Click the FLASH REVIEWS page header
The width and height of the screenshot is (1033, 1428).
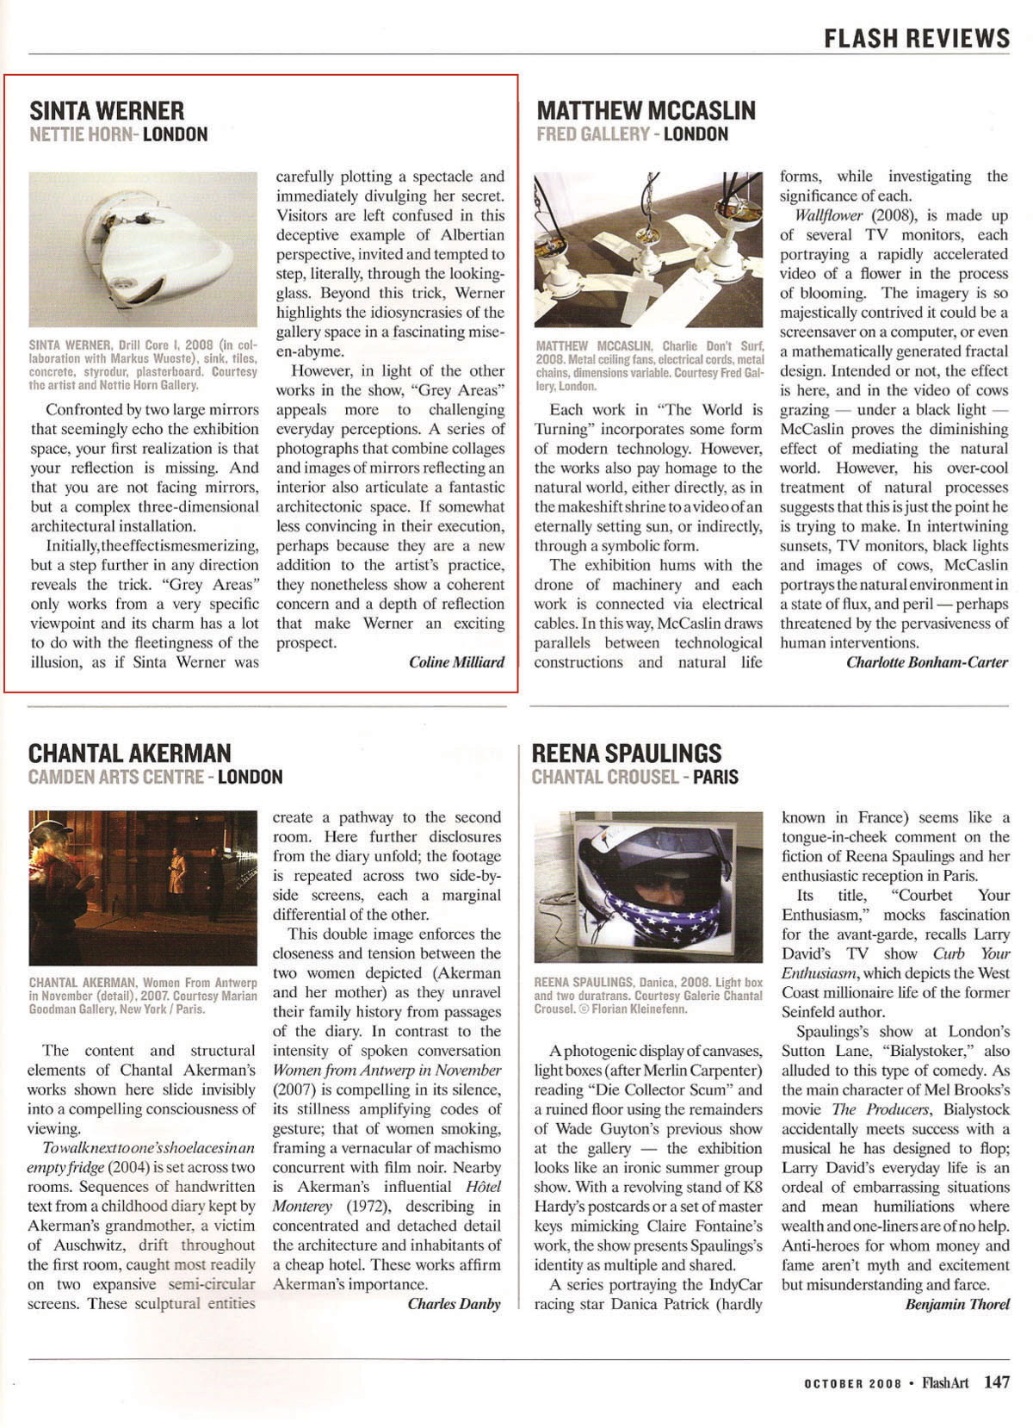click(x=916, y=38)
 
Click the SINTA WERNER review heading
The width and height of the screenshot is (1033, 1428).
click(x=107, y=110)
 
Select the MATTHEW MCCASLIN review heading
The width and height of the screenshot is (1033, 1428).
click(x=646, y=110)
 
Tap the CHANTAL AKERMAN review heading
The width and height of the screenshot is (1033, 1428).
click(x=130, y=753)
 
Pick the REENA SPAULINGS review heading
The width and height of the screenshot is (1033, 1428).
click(x=627, y=753)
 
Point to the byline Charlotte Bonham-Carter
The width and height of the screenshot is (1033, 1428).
click(x=926, y=662)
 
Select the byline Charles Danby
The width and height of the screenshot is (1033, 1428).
click(x=454, y=1304)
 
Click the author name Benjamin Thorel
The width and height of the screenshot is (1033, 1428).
click(x=957, y=1304)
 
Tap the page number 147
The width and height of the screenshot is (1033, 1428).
click(x=997, y=1382)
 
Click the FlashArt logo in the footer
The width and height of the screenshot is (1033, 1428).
click(x=944, y=1383)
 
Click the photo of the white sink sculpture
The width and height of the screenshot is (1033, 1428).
click(x=143, y=249)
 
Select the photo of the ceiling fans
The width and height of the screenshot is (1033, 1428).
click(x=648, y=250)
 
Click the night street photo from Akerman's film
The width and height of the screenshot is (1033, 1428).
click(x=143, y=887)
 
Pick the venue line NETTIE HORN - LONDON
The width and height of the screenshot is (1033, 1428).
click(x=119, y=134)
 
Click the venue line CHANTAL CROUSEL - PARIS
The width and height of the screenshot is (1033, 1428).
click(x=634, y=777)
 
